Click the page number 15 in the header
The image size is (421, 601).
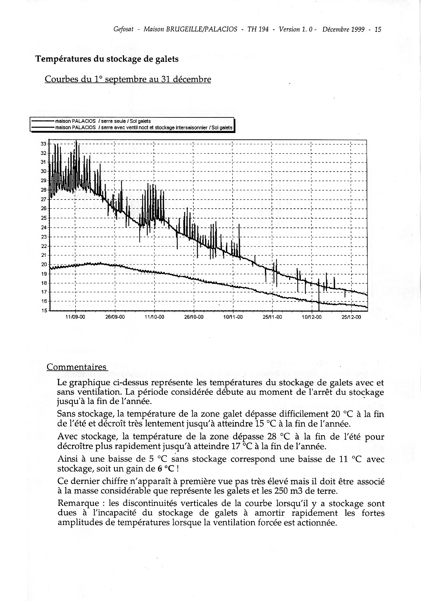pos(378,30)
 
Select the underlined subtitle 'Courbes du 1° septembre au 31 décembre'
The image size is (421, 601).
pos(128,79)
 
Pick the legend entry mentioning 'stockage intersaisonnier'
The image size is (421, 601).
pos(144,127)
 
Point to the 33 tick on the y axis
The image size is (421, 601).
pos(44,144)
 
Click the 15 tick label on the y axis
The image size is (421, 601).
pos(44,311)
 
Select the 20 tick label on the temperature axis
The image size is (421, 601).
pos(44,264)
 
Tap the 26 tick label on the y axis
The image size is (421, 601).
pos(44,209)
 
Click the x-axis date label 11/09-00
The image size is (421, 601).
pos(75,317)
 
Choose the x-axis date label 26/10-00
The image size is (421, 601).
pos(194,317)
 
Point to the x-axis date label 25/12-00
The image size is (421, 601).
pos(351,317)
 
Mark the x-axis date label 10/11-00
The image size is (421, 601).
pos(233,317)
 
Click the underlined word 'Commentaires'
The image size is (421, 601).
pos(76,367)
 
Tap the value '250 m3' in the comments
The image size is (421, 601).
pos(286,491)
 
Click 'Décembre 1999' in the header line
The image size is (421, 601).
pos(343,30)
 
